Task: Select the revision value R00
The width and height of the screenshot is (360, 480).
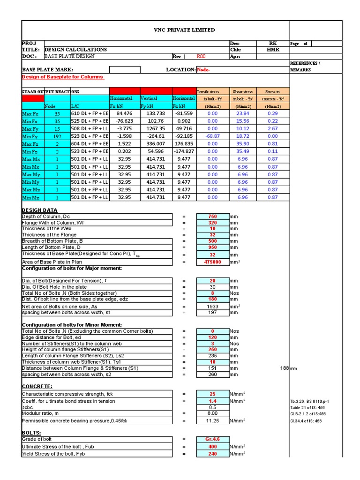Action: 201,56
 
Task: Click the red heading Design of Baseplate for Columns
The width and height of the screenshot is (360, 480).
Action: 62,77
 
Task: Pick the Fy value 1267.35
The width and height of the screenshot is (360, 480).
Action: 156,128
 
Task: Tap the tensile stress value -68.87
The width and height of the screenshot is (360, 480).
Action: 212,136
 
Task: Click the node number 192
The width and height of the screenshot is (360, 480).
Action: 57,136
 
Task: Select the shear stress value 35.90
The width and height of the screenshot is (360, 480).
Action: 242,144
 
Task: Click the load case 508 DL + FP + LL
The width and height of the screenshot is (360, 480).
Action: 90,128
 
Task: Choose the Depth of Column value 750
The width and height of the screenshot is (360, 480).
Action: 212,217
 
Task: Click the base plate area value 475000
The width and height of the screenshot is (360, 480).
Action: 212,262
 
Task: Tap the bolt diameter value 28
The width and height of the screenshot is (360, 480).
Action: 212,281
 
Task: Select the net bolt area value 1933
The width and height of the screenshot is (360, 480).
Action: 212,306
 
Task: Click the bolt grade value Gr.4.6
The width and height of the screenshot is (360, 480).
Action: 212,439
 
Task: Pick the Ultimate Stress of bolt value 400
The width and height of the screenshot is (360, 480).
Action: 212,446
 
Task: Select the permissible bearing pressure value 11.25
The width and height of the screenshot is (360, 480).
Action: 212,420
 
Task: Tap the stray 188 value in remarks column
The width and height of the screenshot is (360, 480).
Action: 284,368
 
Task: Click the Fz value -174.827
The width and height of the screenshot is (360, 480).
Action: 184,151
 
